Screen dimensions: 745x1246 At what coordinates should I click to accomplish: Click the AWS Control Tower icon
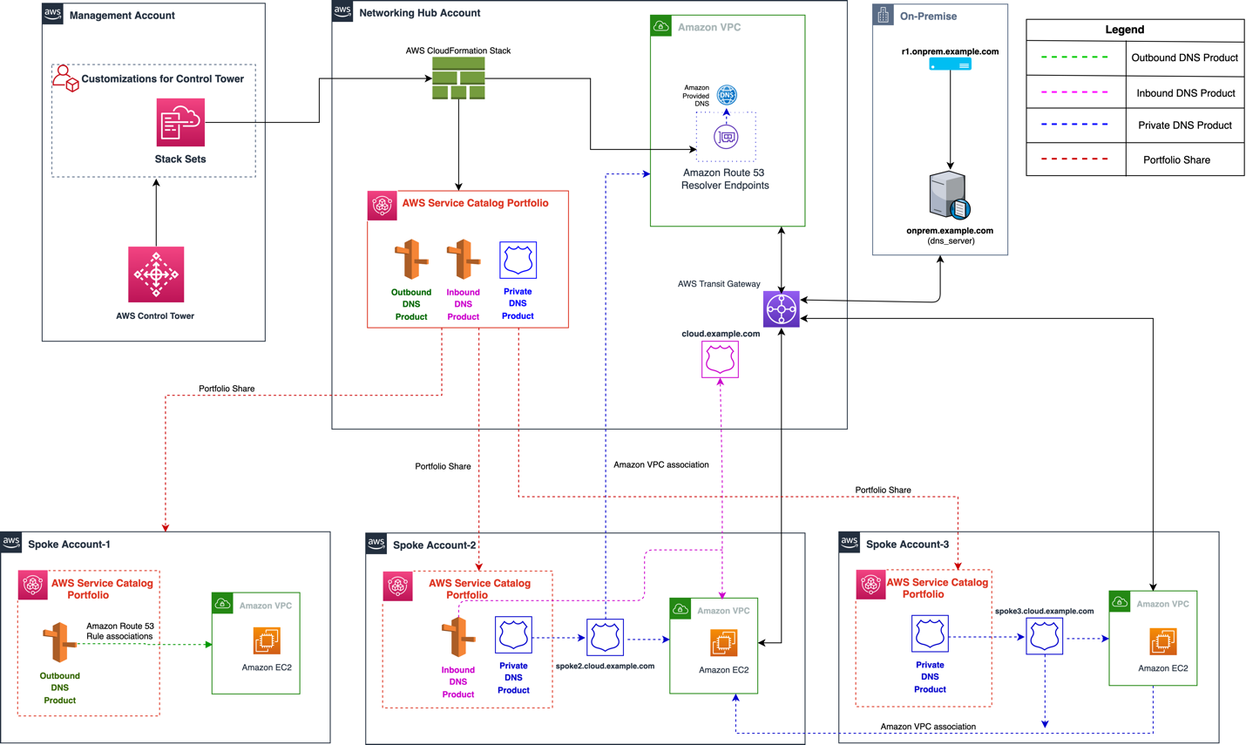tap(156, 274)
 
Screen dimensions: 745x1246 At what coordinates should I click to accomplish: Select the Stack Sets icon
tap(180, 122)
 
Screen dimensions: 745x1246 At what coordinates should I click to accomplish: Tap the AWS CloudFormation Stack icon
tap(458, 78)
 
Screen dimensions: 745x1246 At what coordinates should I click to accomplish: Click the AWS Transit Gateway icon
tap(782, 309)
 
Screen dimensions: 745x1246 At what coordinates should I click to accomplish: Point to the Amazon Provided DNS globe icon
tap(727, 94)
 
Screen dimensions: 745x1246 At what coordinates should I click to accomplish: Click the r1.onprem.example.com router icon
tap(950, 65)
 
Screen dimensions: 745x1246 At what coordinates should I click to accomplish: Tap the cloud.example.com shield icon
tap(721, 359)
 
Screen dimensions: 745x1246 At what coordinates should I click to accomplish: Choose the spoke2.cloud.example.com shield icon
tap(605, 638)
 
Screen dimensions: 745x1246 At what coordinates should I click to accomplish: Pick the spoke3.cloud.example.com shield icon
tap(1044, 637)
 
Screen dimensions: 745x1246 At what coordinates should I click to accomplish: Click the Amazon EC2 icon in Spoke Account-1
tap(267, 641)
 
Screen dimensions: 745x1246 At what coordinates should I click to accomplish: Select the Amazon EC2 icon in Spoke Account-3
tap(1162, 642)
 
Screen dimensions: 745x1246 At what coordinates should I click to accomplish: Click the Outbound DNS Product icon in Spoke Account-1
tap(59, 642)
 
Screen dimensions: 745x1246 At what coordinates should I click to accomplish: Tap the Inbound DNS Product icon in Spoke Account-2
tap(458, 637)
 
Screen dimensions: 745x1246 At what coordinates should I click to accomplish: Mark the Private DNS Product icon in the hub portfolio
tap(518, 260)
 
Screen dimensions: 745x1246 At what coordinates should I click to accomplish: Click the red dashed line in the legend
tap(1074, 159)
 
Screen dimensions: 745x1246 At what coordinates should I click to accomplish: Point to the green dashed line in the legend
tap(1074, 58)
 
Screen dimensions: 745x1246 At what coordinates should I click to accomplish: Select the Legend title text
tap(1124, 30)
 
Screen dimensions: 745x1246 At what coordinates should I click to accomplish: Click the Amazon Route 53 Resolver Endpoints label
tap(725, 179)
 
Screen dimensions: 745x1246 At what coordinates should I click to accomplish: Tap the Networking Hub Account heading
tap(419, 13)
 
